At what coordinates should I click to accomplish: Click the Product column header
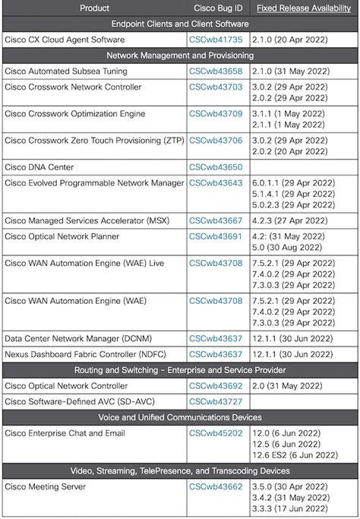click(94, 8)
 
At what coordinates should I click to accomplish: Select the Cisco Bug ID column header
click(216, 8)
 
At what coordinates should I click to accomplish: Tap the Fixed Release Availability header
click(304, 8)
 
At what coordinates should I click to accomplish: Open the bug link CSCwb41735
click(216, 40)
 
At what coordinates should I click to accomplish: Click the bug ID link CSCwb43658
click(216, 71)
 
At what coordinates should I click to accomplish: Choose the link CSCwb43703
click(216, 87)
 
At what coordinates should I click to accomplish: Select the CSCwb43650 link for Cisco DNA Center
click(216, 166)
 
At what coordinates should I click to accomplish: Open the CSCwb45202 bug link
click(216, 432)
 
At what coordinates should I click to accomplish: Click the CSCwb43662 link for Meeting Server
click(216, 486)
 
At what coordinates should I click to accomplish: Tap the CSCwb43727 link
click(216, 401)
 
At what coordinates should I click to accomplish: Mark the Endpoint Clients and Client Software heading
click(179, 24)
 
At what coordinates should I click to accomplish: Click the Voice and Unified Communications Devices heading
click(179, 417)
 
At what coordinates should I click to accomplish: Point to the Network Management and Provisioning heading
click(179, 55)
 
